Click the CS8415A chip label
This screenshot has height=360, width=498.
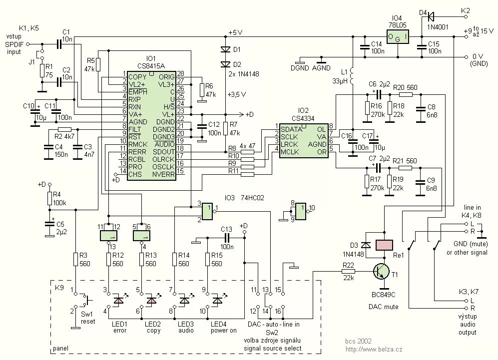(151, 66)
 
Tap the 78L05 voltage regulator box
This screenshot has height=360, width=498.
(398, 37)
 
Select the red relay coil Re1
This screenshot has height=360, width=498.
(384, 245)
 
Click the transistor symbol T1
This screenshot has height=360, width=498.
(382, 272)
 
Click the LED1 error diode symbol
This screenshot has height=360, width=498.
(118, 300)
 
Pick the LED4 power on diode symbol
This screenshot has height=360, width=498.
(218, 300)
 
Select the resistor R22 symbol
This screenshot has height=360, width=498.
(348, 272)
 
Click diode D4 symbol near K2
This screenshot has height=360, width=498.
(431, 15)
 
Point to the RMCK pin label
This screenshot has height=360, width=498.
(137, 144)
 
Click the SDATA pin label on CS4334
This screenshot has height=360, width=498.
(291, 129)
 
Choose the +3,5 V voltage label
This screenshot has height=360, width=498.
(237, 94)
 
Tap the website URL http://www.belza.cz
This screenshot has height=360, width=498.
(374, 350)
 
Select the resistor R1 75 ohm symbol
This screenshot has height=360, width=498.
(42, 71)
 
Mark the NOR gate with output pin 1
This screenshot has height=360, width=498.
(207, 211)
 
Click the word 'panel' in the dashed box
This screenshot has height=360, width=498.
(60, 348)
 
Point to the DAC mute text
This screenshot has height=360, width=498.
(383, 307)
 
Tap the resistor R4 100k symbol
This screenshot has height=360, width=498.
(49, 198)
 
